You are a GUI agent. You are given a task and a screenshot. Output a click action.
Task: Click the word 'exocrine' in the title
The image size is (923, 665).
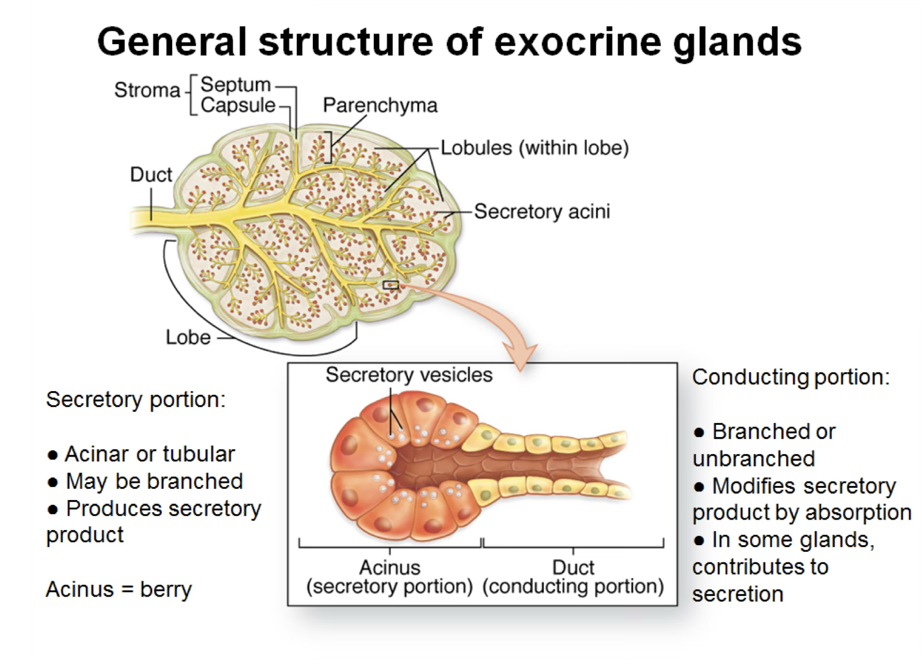pyautogui.click(x=577, y=42)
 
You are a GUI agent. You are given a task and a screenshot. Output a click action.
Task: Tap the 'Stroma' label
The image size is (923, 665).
pyautogui.click(x=147, y=90)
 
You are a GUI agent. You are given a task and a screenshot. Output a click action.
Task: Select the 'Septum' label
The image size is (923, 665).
pyautogui.click(x=236, y=84)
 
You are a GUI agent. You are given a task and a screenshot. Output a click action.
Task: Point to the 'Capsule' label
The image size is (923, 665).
pyautogui.click(x=238, y=105)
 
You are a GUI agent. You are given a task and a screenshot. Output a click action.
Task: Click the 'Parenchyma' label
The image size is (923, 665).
pyautogui.click(x=380, y=106)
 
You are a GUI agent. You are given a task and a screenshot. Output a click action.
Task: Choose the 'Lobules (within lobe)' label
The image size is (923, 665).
pyautogui.click(x=535, y=147)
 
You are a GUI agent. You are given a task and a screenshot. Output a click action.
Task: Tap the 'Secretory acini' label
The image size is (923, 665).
pyautogui.click(x=542, y=211)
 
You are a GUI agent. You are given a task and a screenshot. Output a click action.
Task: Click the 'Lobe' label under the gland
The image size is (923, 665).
pyautogui.click(x=188, y=337)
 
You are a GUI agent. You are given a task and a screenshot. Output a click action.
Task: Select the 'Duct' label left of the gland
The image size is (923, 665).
pyautogui.click(x=151, y=174)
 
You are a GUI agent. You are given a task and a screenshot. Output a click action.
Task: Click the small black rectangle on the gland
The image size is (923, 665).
pyautogui.click(x=390, y=285)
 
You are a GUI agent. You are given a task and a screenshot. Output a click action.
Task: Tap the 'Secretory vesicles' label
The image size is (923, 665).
pyautogui.click(x=409, y=375)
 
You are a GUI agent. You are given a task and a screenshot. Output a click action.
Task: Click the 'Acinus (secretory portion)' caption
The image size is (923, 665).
pyautogui.click(x=389, y=577)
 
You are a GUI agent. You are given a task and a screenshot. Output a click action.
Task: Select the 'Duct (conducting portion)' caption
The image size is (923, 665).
pyautogui.click(x=573, y=577)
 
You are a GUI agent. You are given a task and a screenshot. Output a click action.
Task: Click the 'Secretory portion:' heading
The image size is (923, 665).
pyautogui.click(x=136, y=400)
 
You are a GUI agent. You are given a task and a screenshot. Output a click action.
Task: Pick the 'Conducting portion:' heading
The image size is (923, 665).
pyautogui.click(x=790, y=377)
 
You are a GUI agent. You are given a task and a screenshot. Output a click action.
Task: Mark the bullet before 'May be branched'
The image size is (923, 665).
pyautogui.click(x=53, y=482)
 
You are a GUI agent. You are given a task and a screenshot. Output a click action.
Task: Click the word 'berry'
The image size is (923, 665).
pyautogui.click(x=166, y=590)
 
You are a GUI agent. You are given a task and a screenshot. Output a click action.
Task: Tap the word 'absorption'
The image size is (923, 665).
pyautogui.click(x=858, y=513)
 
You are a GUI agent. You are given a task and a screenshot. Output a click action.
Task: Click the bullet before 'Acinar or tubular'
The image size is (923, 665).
pyautogui.click(x=53, y=455)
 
